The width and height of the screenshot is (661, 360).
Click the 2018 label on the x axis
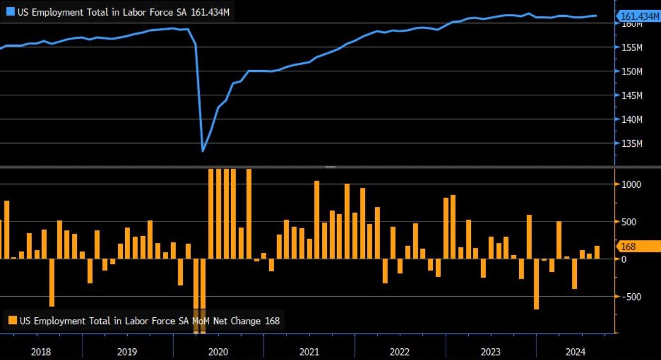coord(41,352)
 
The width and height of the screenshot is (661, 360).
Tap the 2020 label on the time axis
coord(218,352)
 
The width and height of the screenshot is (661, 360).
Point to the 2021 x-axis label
coord(309,352)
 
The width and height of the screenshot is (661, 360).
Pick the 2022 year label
coord(400,352)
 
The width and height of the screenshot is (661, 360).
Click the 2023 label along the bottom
coord(491,352)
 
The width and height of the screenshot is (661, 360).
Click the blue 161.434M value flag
coord(638,17)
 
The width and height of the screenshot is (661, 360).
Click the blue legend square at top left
coord(10,11)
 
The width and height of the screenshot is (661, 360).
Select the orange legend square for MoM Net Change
coord(12,321)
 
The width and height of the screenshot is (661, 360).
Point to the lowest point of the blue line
coord(203,151)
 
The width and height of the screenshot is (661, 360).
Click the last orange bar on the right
coord(597,252)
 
